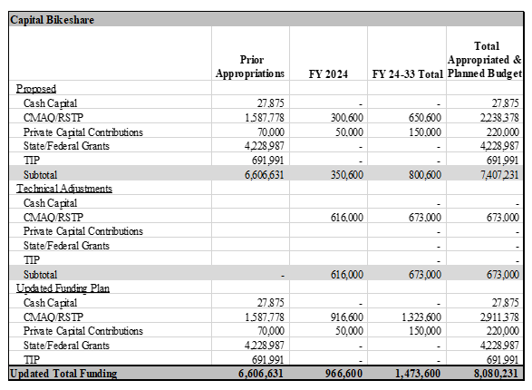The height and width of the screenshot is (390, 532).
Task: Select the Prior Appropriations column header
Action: point(250,66)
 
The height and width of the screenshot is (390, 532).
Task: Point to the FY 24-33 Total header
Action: point(407,73)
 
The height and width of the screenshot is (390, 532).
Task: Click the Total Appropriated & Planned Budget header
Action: point(485,60)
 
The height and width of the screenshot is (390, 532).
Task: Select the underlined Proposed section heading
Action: point(36,89)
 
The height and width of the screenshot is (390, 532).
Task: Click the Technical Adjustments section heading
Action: point(63,188)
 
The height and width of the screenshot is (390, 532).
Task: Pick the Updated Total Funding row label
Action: point(63,373)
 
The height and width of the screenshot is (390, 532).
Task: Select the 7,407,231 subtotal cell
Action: point(499,174)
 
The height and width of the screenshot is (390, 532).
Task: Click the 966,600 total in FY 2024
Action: point(344,373)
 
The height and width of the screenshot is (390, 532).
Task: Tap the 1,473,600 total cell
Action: point(420,373)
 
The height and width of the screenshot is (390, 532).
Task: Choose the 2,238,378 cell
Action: point(499,118)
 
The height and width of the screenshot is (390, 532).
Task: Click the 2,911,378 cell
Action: point(499,317)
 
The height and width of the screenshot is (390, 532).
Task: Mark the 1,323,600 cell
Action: point(421,317)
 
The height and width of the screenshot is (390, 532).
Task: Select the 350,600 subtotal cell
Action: point(344,174)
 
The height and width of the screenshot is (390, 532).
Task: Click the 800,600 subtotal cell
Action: point(423,174)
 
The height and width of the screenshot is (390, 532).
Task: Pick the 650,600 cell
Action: point(423,118)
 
